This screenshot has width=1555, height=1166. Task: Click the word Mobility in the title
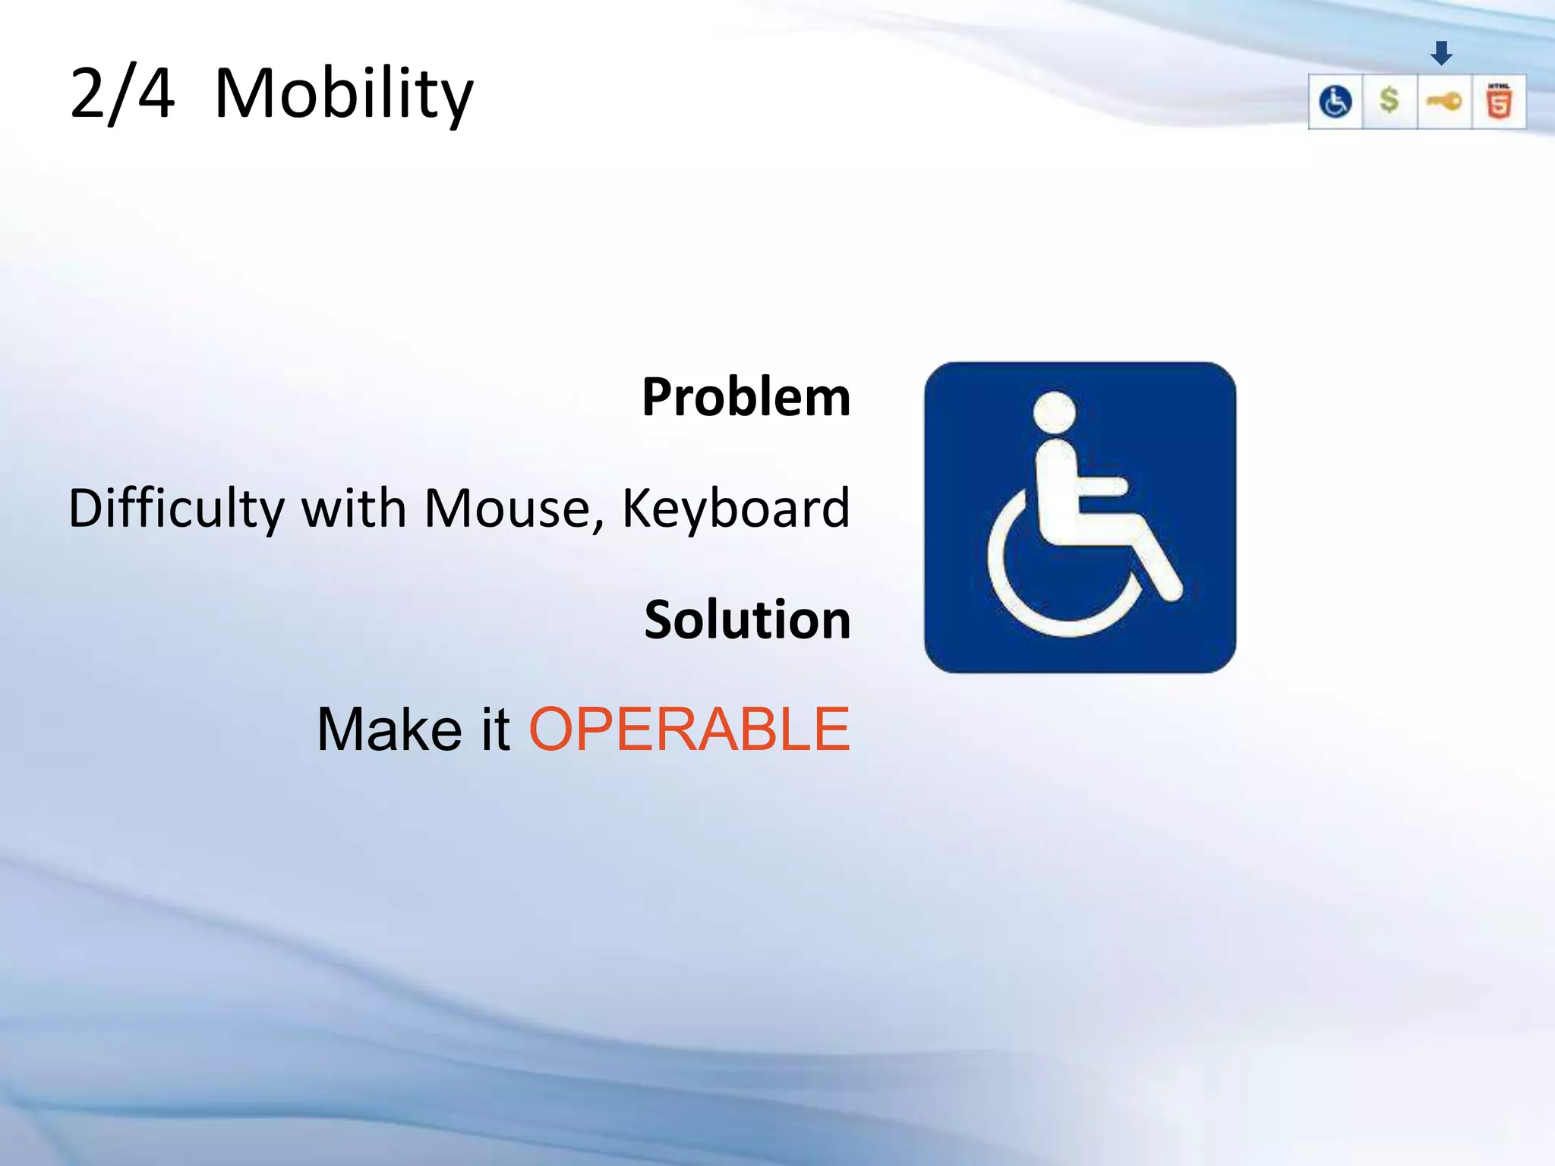click(343, 94)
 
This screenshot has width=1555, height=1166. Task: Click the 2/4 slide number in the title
click(121, 94)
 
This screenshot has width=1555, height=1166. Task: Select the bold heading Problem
click(746, 398)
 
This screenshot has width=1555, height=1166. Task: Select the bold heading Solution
click(747, 619)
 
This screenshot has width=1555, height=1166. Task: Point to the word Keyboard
click(735, 509)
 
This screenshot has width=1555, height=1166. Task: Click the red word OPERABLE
click(689, 730)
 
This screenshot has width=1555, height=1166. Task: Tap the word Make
click(389, 730)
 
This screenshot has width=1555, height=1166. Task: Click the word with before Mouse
click(354, 509)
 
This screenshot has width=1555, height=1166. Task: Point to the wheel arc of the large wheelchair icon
click(1017, 592)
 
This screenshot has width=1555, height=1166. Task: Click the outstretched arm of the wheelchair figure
click(1101, 486)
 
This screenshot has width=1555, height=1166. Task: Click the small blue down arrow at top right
click(1441, 53)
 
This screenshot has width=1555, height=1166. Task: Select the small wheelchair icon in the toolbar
click(1336, 102)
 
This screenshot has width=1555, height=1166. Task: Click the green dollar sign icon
click(1389, 100)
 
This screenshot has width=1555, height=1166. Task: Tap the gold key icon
click(1444, 101)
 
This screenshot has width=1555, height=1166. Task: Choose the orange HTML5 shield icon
click(1499, 102)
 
